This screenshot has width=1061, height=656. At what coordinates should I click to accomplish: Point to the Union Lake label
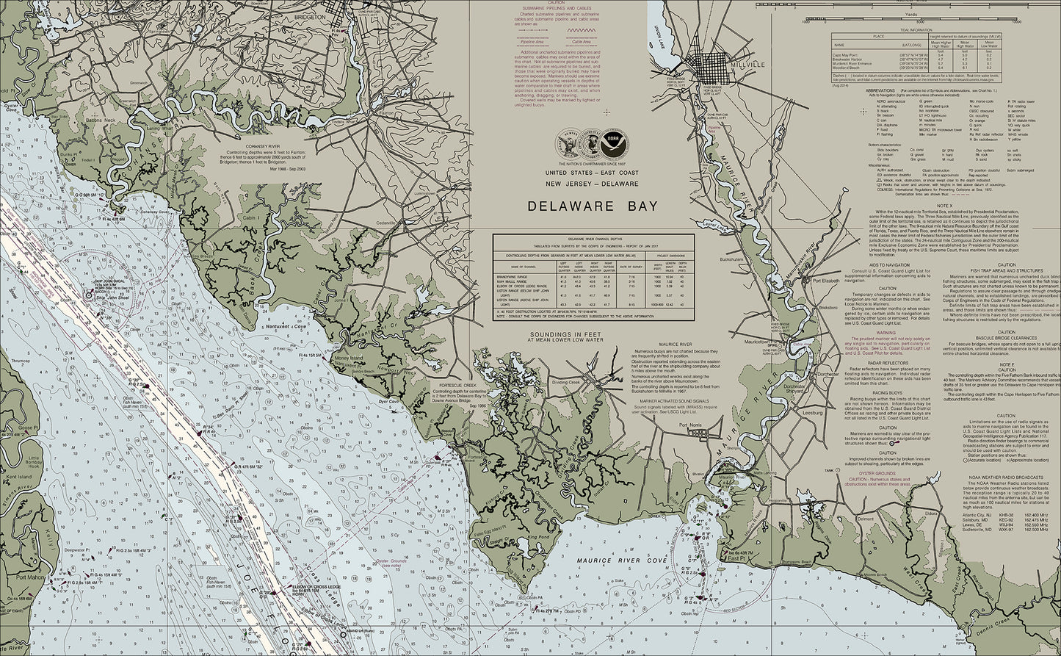(658, 32)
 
